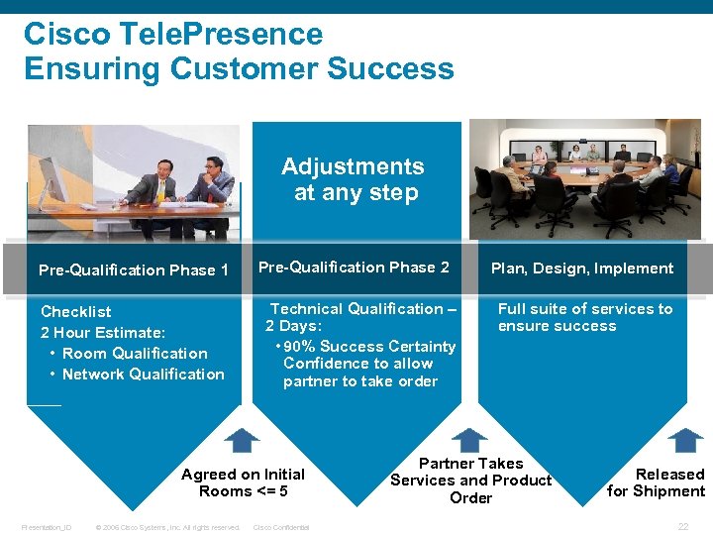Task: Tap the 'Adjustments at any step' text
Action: pyautogui.click(x=354, y=179)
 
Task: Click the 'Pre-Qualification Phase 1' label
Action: pyautogui.click(x=133, y=269)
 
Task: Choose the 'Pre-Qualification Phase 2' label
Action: pyautogui.click(x=354, y=267)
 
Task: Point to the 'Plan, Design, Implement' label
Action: pyautogui.click(x=582, y=268)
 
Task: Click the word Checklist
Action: pyautogui.click(x=76, y=312)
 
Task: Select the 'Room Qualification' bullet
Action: pyautogui.click(x=135, y=354)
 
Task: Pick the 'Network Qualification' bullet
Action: pyautogui.click(x=143, y=374)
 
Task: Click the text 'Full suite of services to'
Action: pyautogui.click(x=584, y=309)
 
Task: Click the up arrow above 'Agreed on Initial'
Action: pyautogui.click(x=241, y=440)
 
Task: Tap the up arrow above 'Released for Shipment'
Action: pyautogui.click(x=684, y=440)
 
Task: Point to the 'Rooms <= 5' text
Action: pyautogui.click(x=244, y=491)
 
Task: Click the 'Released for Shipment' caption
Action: pyautogui.click(x=656, y=482)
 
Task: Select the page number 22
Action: pyautogui.click(x=682, y=526)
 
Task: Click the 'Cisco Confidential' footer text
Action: pyautogui.click(x=282, y=527)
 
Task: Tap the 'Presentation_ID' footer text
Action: pyautogui.click(x=47, y=527)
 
